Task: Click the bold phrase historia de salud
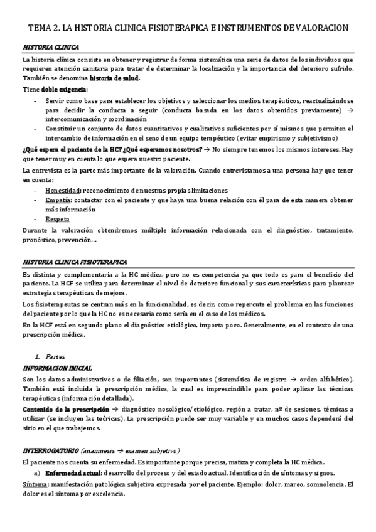coord(115,78)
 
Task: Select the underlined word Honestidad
coord(63,190)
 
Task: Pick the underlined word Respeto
coord(57,219)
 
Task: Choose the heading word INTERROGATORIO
coord(50,450)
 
